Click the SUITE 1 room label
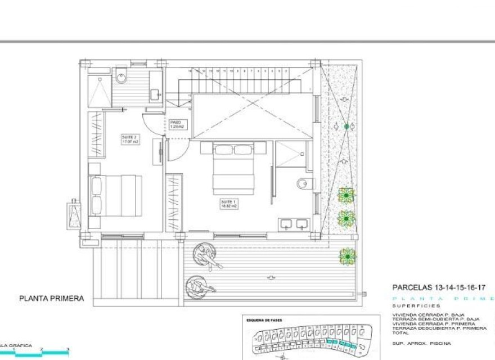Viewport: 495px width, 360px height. pyautogui.click(x=228, y=204)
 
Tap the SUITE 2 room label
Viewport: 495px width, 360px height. pyautogui.click(x=130, y=139)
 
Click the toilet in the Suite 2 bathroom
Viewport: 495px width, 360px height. pyautogui.click(x=122, y=76)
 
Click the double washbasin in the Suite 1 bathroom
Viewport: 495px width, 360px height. pyautogui.click(x=294, y=224)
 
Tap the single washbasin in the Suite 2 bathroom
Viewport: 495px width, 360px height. pyautogui.click(x=155, y=94)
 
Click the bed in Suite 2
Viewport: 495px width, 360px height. pyautogui.click(x=115, y=194)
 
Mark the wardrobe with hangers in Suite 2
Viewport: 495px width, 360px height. pyautogui.click(x=96, y=135)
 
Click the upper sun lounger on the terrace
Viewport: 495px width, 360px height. pyautogui.click(x=205, y=256)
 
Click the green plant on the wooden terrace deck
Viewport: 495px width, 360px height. pyautogui.click(x=347, y=256)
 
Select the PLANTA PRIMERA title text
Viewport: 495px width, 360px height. pyautogui.click(x=52, y=299)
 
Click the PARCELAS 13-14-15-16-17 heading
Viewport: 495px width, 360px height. pyautogui.click(x=438, y=287)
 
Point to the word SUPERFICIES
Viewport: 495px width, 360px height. pyautogui.click(x=409, y=306)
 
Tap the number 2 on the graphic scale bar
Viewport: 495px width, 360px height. pyautogui.click(x=41, y=350)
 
